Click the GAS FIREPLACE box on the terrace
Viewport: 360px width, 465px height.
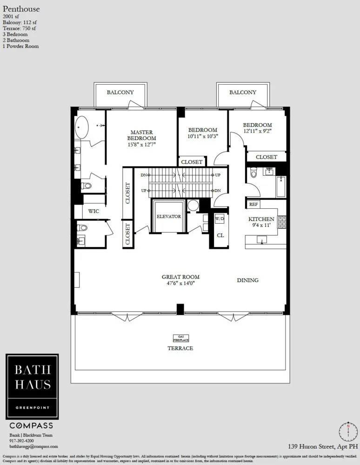[x=180, y=338]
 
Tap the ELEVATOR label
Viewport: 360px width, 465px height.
[x=168, y=217]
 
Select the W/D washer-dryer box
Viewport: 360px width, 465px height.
[x=220, y=219]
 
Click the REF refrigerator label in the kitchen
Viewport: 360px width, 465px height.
[x=253, y=204]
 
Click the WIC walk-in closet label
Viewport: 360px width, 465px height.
[x=93, y=211]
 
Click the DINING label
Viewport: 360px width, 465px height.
[x=247, y=280]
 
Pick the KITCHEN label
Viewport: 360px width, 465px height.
[x=261, y=219]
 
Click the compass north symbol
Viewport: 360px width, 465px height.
[x=347, y=431]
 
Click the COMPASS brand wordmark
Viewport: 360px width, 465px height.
[x=31, y=425]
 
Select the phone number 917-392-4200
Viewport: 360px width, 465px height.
[x=22, y=440]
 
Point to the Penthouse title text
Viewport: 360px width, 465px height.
[x=21, y=9]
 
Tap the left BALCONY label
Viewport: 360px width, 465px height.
[x=120, y=92]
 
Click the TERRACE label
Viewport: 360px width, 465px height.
[x=180, y=348]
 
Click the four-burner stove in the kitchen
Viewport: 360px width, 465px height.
[x=281, y=222]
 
